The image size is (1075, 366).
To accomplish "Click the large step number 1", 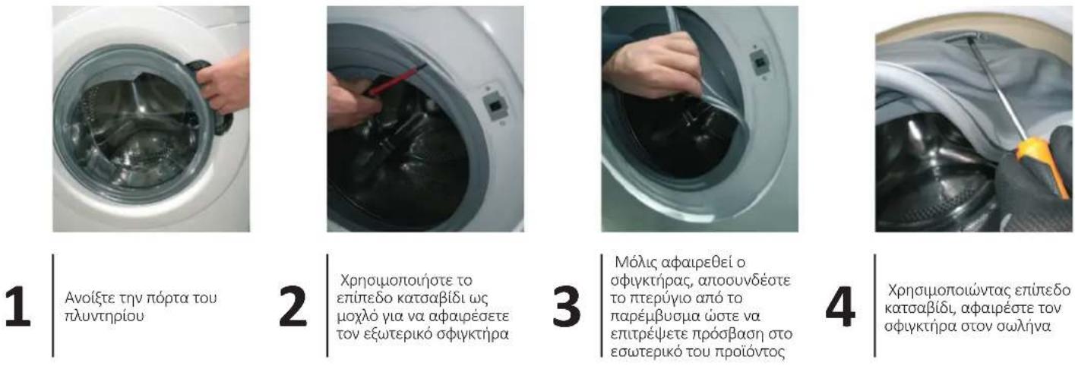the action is [x=17, y=306].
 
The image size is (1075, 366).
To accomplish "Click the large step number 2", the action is [x=292, y=306].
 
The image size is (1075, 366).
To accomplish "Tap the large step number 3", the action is [x=566, y=306].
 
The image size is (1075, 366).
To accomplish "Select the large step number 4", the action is [x=840, y=306].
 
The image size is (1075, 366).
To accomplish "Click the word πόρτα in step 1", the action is [x=163, y=298].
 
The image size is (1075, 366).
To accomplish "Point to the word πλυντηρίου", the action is [x=104, y=316].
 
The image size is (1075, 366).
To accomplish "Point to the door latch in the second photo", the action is [x=492, y=104].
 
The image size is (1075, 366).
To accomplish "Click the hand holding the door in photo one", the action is [x=223, y=81].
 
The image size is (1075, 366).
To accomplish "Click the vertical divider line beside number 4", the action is [x=875, y=305].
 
